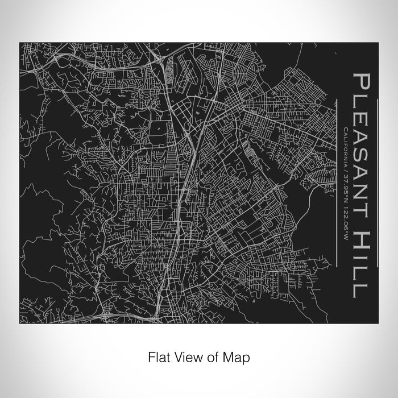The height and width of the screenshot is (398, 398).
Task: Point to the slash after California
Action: point(346,169)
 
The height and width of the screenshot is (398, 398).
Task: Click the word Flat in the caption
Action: point(159,358)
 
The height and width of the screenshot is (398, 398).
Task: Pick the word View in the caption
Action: point(188,358)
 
